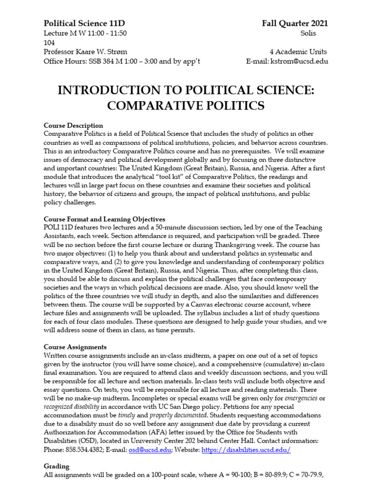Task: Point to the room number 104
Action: [49, 43]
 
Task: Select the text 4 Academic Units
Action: [298, 52]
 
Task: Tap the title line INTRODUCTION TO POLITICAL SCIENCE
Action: [186, 90]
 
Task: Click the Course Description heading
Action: [73, 125]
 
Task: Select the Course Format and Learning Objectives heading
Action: [104, 219]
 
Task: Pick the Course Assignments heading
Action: [75, 347]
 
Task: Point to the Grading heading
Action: [57, 466]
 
